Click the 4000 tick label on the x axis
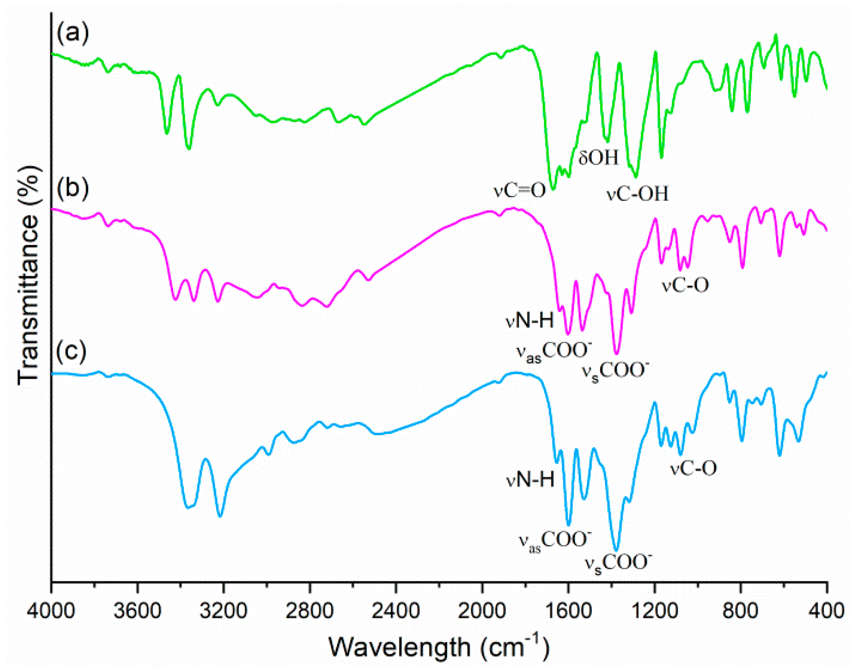pyautogui.click(x=51, y=611)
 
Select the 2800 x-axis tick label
pyautogui.click(x=310, y=611)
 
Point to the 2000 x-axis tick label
pyautogui.click(x=482, y=611)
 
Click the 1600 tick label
pyautogui.click(x=568, y=611)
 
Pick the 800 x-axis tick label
pyautogui.click(x=740, y=611)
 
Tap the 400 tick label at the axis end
pyautogui.click(x=827, y=611)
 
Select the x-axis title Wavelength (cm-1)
pyautogui.click(x=438, y=646)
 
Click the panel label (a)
pyautogui.click(x=73, y=33)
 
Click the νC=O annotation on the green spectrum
pyautogui.click(x=519, y=190)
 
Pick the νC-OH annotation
pyautogui.click(x=638, y=194)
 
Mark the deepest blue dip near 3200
pyautogui.click(x=220, y=515)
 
